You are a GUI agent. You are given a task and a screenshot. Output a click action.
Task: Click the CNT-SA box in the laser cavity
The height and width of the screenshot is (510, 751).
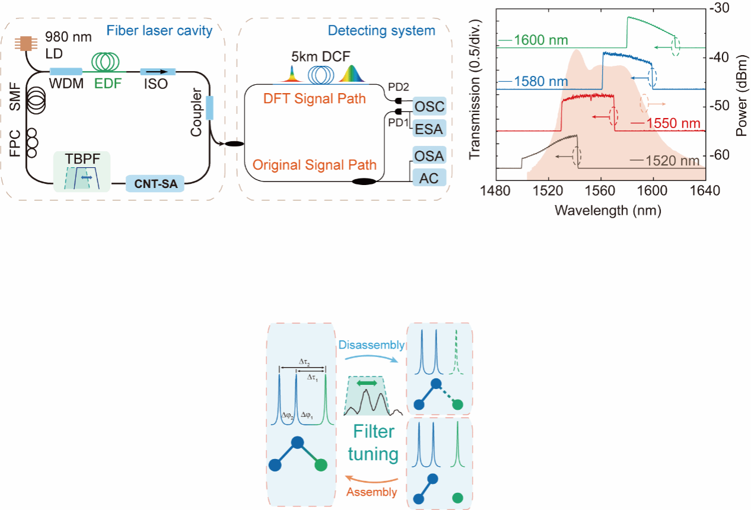155,186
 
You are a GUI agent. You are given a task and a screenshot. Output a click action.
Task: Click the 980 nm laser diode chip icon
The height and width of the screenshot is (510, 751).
26,43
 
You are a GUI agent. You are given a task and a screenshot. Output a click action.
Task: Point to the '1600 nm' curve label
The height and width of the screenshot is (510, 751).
541,41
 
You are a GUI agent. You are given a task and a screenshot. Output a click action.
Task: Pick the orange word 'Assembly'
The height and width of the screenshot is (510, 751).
372,492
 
